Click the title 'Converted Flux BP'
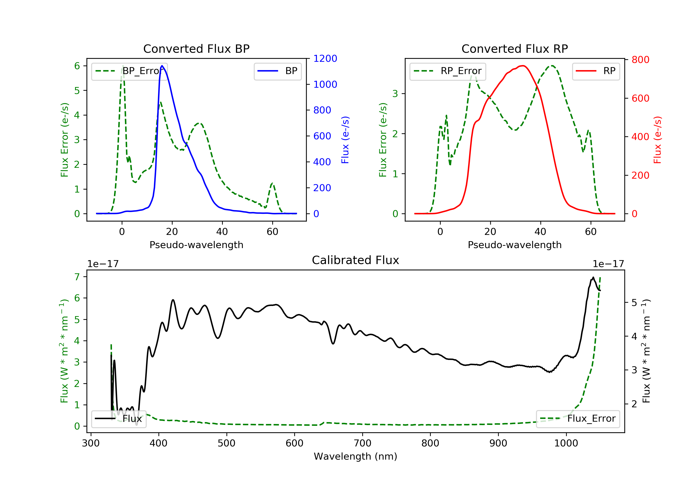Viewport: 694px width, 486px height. point(196,49)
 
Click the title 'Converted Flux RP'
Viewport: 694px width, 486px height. point(514,49)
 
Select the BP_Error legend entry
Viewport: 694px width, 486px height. point(129,71)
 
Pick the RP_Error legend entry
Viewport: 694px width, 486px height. point(447,71)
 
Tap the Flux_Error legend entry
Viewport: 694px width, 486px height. point(578,419)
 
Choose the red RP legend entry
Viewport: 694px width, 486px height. point(595,71)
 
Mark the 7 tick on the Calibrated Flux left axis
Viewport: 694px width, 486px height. point(77,277)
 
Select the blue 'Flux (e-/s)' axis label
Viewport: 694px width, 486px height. point(345,140)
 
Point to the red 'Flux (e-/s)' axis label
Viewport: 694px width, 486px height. point(657,140)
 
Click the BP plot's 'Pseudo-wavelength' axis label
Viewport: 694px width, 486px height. point(196,245)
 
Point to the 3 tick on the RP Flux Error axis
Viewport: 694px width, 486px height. point(395,93)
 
